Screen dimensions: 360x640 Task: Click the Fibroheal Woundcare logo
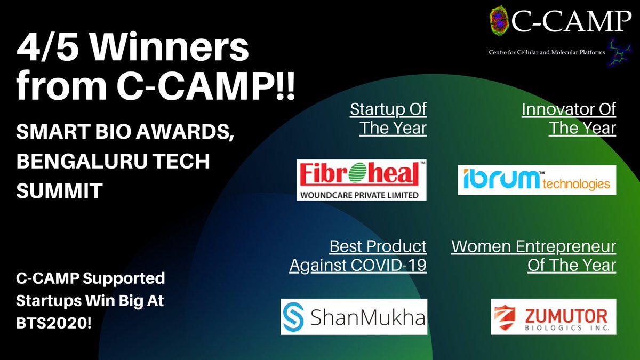click(362, 180)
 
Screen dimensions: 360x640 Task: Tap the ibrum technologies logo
click(537, 180)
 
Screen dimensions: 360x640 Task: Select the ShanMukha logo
click(354, 317)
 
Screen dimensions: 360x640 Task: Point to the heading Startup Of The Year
click(388, 118)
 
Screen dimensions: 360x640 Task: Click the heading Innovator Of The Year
click(569, 118)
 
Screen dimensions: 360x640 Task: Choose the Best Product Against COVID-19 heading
click(358, 255)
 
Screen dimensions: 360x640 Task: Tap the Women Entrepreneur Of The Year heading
click(533, 255)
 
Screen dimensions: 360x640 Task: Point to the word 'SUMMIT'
click(59, 191)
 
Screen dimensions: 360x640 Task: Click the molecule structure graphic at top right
click(618, 53)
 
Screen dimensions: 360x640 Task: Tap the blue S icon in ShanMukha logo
click(295, 317)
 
